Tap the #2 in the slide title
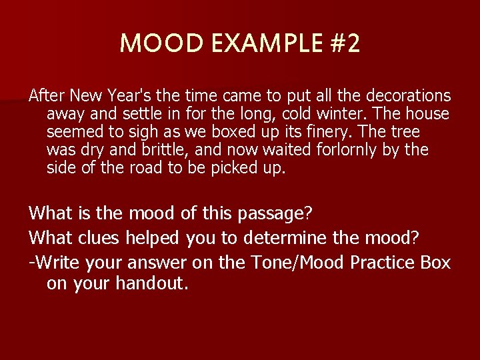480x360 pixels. (x=345, y=44)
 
